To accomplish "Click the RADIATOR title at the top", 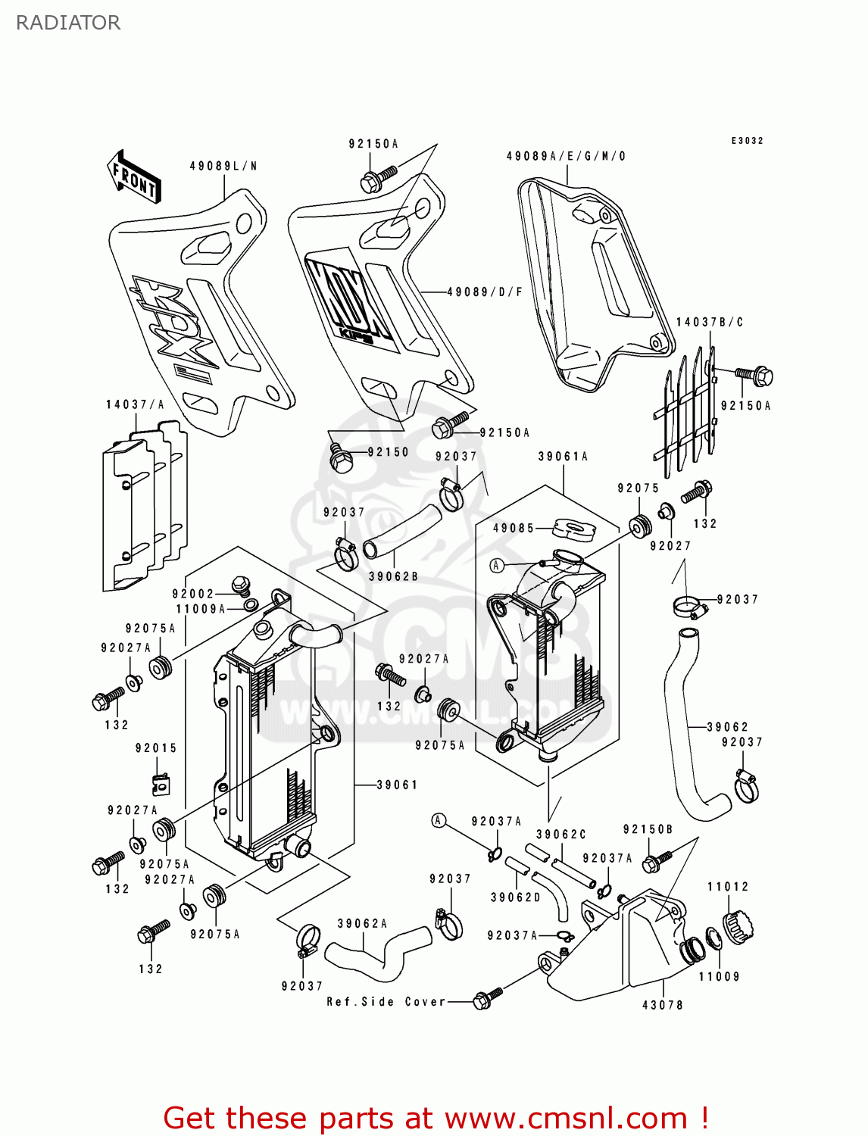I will pos(68,23).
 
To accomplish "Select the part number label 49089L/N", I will pos(223,166).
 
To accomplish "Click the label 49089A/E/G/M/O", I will pos(566,156).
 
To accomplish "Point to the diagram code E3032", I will pos(747,141).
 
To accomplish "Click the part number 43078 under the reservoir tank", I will pos(663,1004).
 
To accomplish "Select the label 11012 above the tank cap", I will pos(728,886).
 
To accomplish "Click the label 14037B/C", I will pos(709,322).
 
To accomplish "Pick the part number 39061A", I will pos(563,456).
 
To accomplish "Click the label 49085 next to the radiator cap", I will pos(514,528).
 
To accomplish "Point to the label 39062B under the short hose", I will pos(393,576).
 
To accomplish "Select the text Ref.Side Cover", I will pos(386,1001).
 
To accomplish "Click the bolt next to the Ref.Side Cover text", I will pos(486,999).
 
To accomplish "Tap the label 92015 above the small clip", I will pos(156,747).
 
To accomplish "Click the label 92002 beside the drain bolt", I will pos(193,594).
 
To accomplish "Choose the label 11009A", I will pos(200,609).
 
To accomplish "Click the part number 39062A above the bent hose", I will pos(362,923).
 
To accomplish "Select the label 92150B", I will pos(648,829).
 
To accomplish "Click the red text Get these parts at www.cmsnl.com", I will pos(436,1118).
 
